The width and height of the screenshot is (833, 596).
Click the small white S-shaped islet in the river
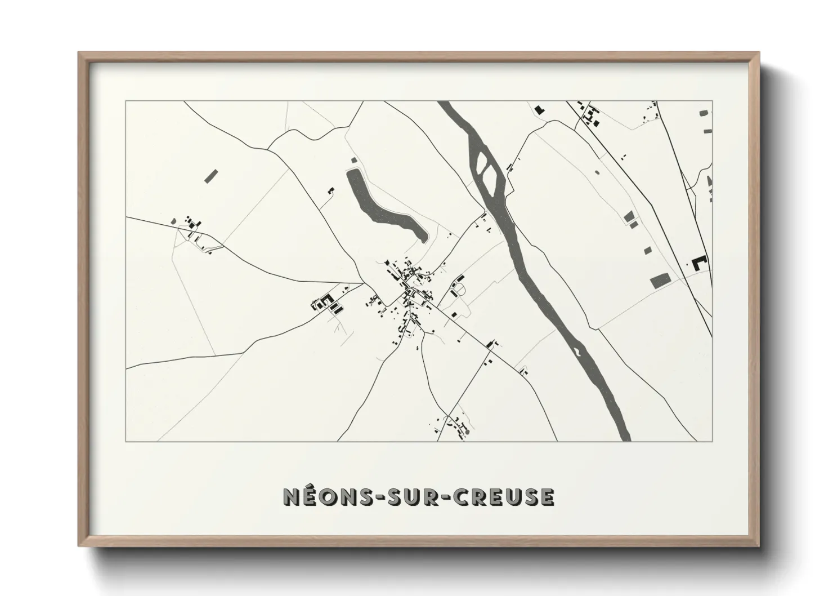576,353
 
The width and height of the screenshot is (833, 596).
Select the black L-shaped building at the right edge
699,263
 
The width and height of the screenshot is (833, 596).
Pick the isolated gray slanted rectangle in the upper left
211,176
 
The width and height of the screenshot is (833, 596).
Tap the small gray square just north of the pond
353,161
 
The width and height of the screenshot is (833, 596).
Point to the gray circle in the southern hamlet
467,432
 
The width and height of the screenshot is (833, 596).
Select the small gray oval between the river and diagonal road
597,172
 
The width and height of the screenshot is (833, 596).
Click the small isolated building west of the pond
331,191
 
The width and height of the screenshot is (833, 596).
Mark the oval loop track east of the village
459,289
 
